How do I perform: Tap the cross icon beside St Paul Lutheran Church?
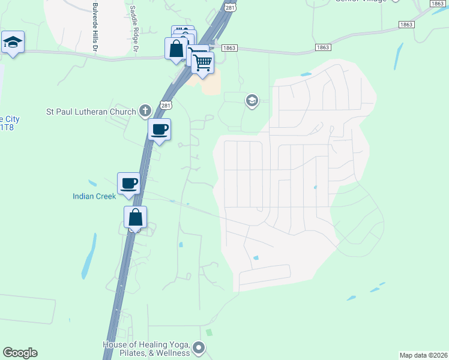tap(144, 110)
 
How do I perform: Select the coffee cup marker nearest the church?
tap(159, 130)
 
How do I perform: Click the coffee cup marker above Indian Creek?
tap(128, 184)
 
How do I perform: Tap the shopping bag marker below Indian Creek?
tap(136, 217)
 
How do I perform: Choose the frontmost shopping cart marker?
tap(203, 62)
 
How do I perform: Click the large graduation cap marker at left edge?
tap(13, 43)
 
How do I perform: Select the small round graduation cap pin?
tap(252, 101)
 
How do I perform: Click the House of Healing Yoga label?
tap(147, 348)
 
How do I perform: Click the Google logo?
tap(20, 353)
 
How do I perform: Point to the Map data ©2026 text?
tap(424, 355)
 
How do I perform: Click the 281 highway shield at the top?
tap(231, 7)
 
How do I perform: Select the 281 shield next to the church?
tap(166, 106)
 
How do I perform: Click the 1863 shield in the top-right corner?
tap(438, 4)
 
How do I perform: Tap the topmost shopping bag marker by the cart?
tap(176, 49)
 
